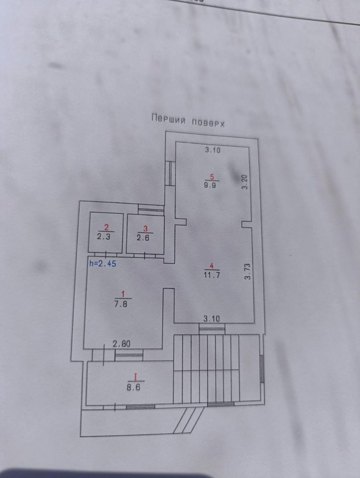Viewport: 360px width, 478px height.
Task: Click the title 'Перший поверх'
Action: pos(188,120)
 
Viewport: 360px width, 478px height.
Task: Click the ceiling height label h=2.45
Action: pos(102,263)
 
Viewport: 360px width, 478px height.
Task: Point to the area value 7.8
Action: pos(122,303)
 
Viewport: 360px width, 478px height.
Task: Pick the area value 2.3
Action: pos(105,236)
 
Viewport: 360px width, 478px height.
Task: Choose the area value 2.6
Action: pos(145,237)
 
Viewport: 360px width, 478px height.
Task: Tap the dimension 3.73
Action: pos(248,271)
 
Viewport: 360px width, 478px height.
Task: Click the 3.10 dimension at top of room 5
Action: pos(212,150)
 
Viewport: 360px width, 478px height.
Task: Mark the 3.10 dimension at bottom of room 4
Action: pos(212,318)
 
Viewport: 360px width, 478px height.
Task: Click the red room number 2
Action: pos(106,227)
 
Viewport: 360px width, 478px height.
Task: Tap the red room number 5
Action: pos(212,177)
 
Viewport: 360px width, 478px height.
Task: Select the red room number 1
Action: pos(123,294)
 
